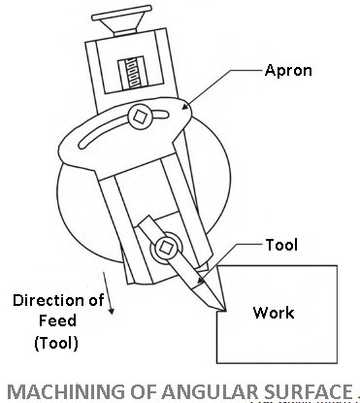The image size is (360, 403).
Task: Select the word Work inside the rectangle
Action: pyautogui.click(x=274, y=313)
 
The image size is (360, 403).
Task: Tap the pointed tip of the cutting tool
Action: pyautogui.click(x=222, y=311)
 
